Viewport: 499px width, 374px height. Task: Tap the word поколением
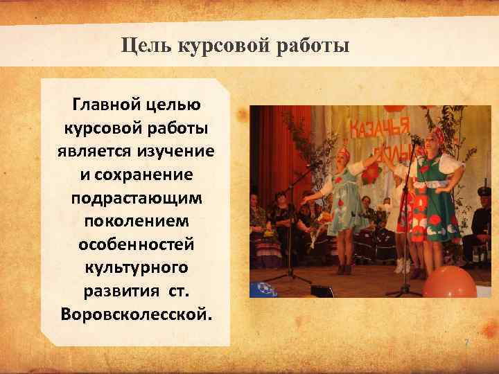pyautogui.click(x=137, y=221)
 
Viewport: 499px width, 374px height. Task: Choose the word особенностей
pyautogui.click(x=137, y=244)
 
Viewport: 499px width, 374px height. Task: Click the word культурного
pyautogui.click(x=137, y=267)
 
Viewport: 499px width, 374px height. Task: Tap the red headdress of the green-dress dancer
pyautogui.click(x=436, y=134)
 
